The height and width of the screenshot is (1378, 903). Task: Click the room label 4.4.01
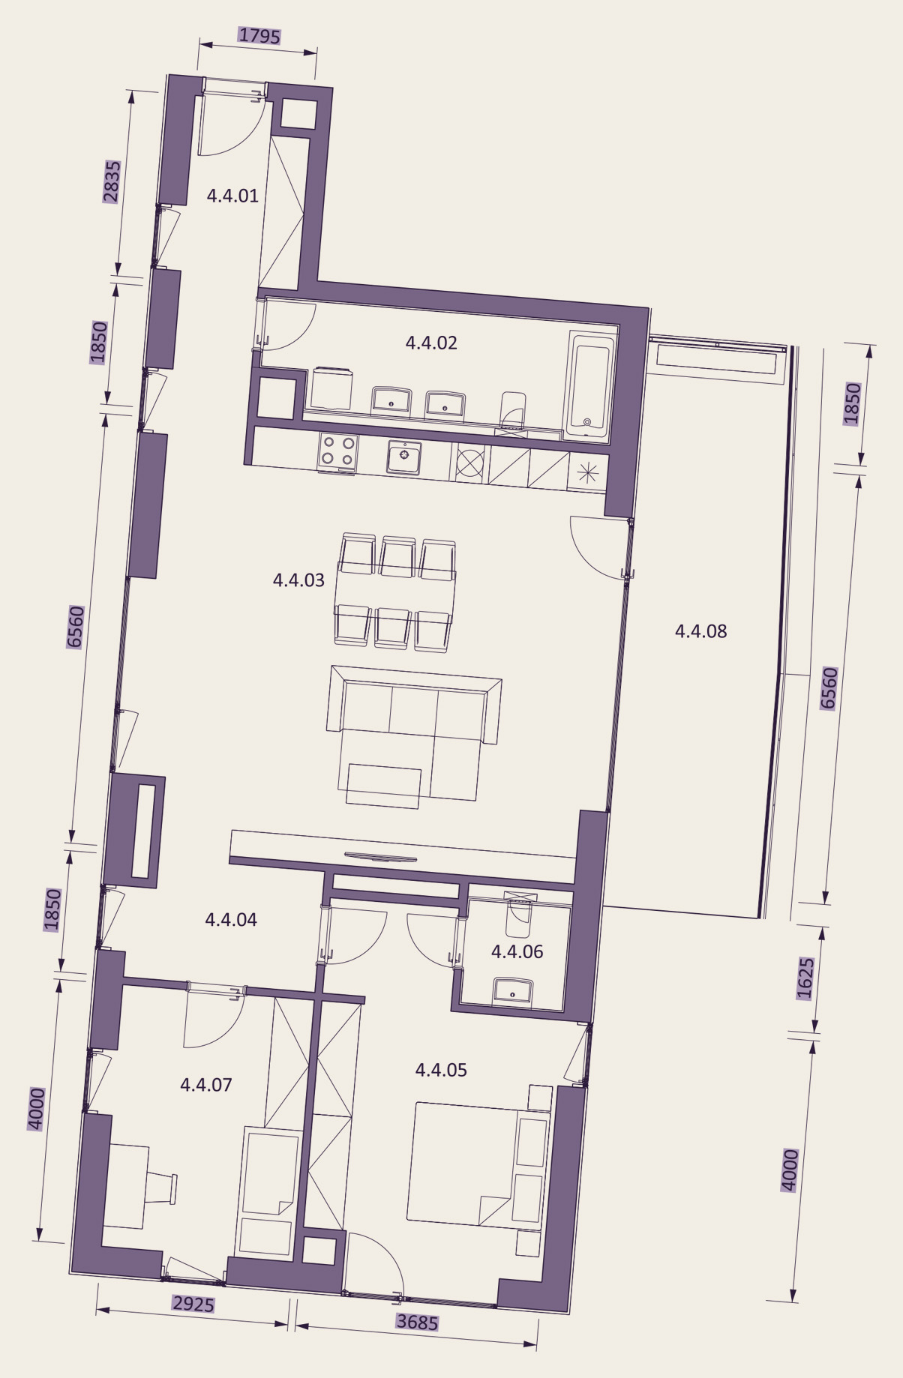pos(232,196)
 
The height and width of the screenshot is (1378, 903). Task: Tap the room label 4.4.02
pos(431,343)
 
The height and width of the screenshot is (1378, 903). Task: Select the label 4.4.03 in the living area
pos(298,580)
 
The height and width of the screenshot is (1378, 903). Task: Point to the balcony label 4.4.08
pos(700,631)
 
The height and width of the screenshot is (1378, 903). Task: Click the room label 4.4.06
pos(517,951)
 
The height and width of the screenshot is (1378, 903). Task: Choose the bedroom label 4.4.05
pos(441,1070)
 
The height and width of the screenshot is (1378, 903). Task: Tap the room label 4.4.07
pos(206,1085)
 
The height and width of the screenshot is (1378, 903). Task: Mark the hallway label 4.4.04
pos(231,920)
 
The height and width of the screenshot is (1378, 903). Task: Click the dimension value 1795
pos(259,35)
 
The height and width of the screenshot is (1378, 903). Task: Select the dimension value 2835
pos(112,181)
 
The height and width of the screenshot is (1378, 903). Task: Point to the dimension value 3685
pos(417,1322)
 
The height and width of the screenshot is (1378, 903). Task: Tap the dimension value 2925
pos(193,1305)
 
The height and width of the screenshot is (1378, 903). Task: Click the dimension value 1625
pos(805,978)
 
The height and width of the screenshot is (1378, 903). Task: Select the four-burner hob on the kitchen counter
pos(337,452)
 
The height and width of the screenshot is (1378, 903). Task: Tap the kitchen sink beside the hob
pos(404,457)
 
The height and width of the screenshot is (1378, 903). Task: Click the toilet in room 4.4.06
pos(519,914)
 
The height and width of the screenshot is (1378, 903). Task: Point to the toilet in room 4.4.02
pos(513,411)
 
